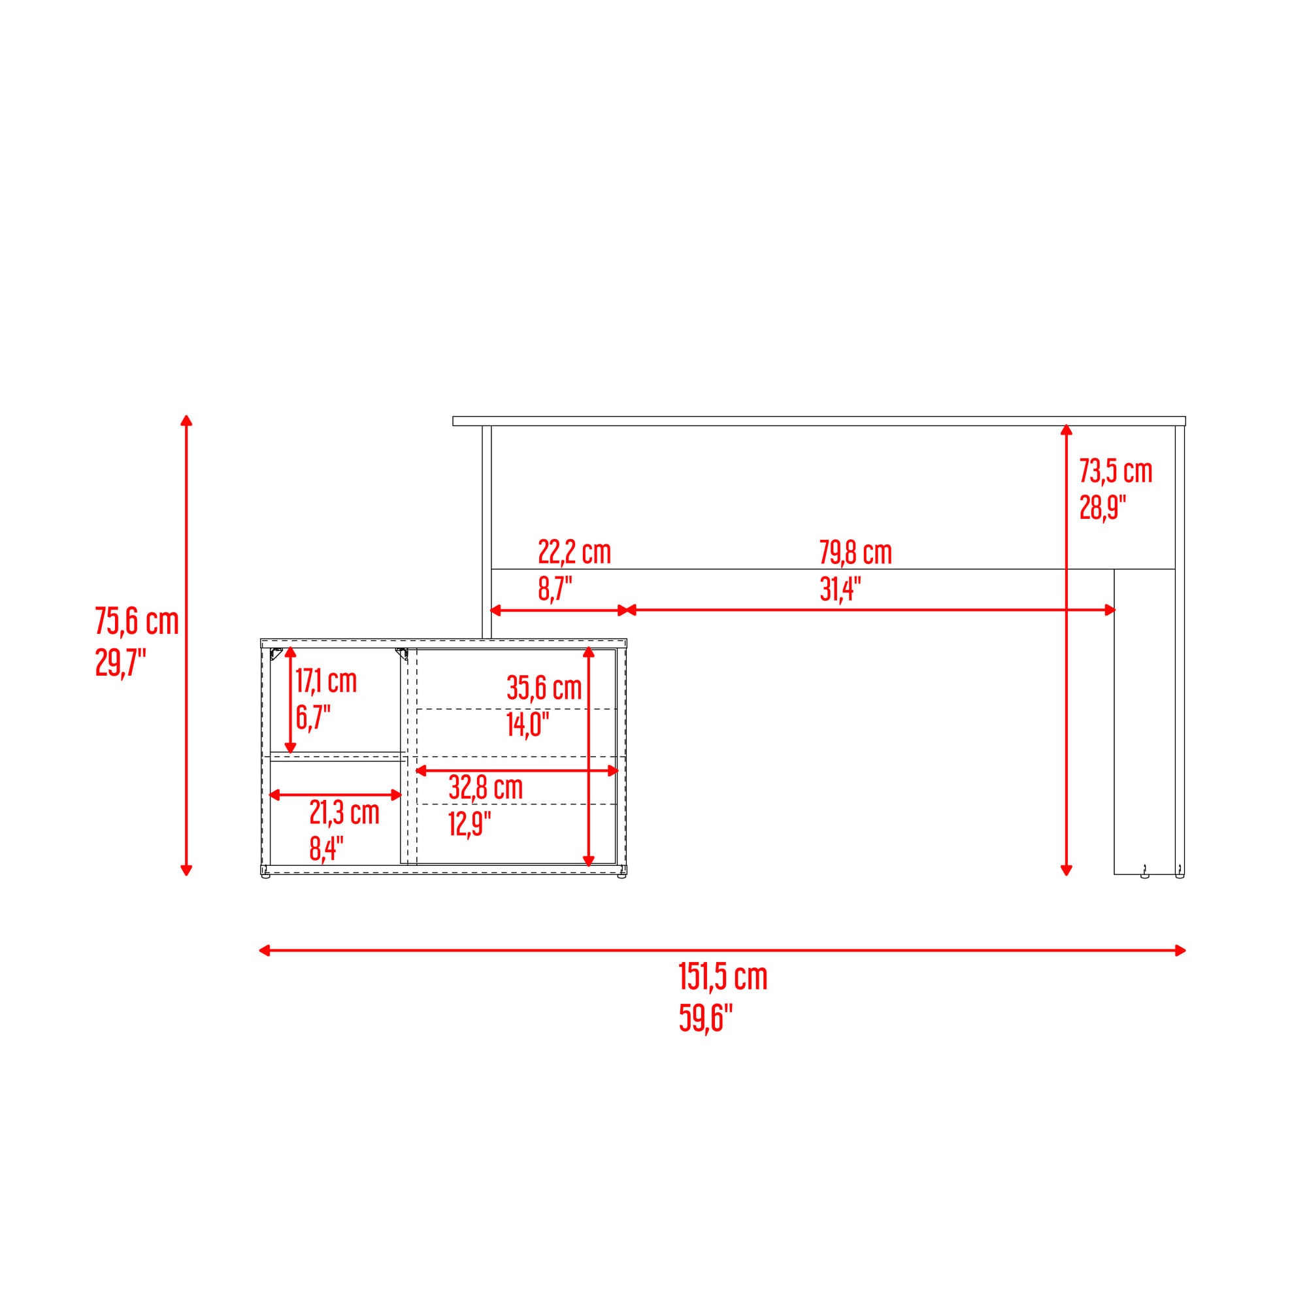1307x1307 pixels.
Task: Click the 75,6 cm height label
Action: pyautogui.click(x=137, y=621)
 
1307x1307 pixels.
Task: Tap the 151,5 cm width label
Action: pyautogui.click(x=723, y=977)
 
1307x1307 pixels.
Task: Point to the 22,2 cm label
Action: pyautogui.click(x=574, y=552)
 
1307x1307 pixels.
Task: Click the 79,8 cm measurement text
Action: pyautogui.click(x=856, y=552)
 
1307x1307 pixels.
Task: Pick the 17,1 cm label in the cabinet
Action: pyautogui.click(x=326, y=680)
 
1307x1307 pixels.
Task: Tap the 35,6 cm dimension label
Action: pyautogui.click(x=544, y=688)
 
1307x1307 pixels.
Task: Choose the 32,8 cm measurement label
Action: pyautogui.click(x=486, y=787)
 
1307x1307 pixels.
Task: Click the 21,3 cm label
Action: pyautogui.click(x=344, y=812)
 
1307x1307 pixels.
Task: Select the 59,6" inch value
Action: pyautogui.click(x=706, y=1018)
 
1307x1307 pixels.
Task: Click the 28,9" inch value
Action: pyautogui.click(x=1102, y=506)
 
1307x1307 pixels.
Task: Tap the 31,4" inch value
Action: pyautogui.click(x=840, y=589)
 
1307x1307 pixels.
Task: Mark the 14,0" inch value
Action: pyautogui.click(x=527, y=725)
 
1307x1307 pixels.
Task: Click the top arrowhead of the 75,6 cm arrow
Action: pyautogui.click(x=187, y=420)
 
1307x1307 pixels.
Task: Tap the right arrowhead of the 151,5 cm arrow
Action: pyautogui.click(x=1180, y=950)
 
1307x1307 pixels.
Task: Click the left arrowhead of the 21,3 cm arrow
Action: pyautogui.click(x=275, y=795)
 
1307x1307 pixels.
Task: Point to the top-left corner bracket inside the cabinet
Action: pyautogui.click(x=276, y=653)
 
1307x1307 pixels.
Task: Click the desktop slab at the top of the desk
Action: pyautogui.click(x=819, y=422)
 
